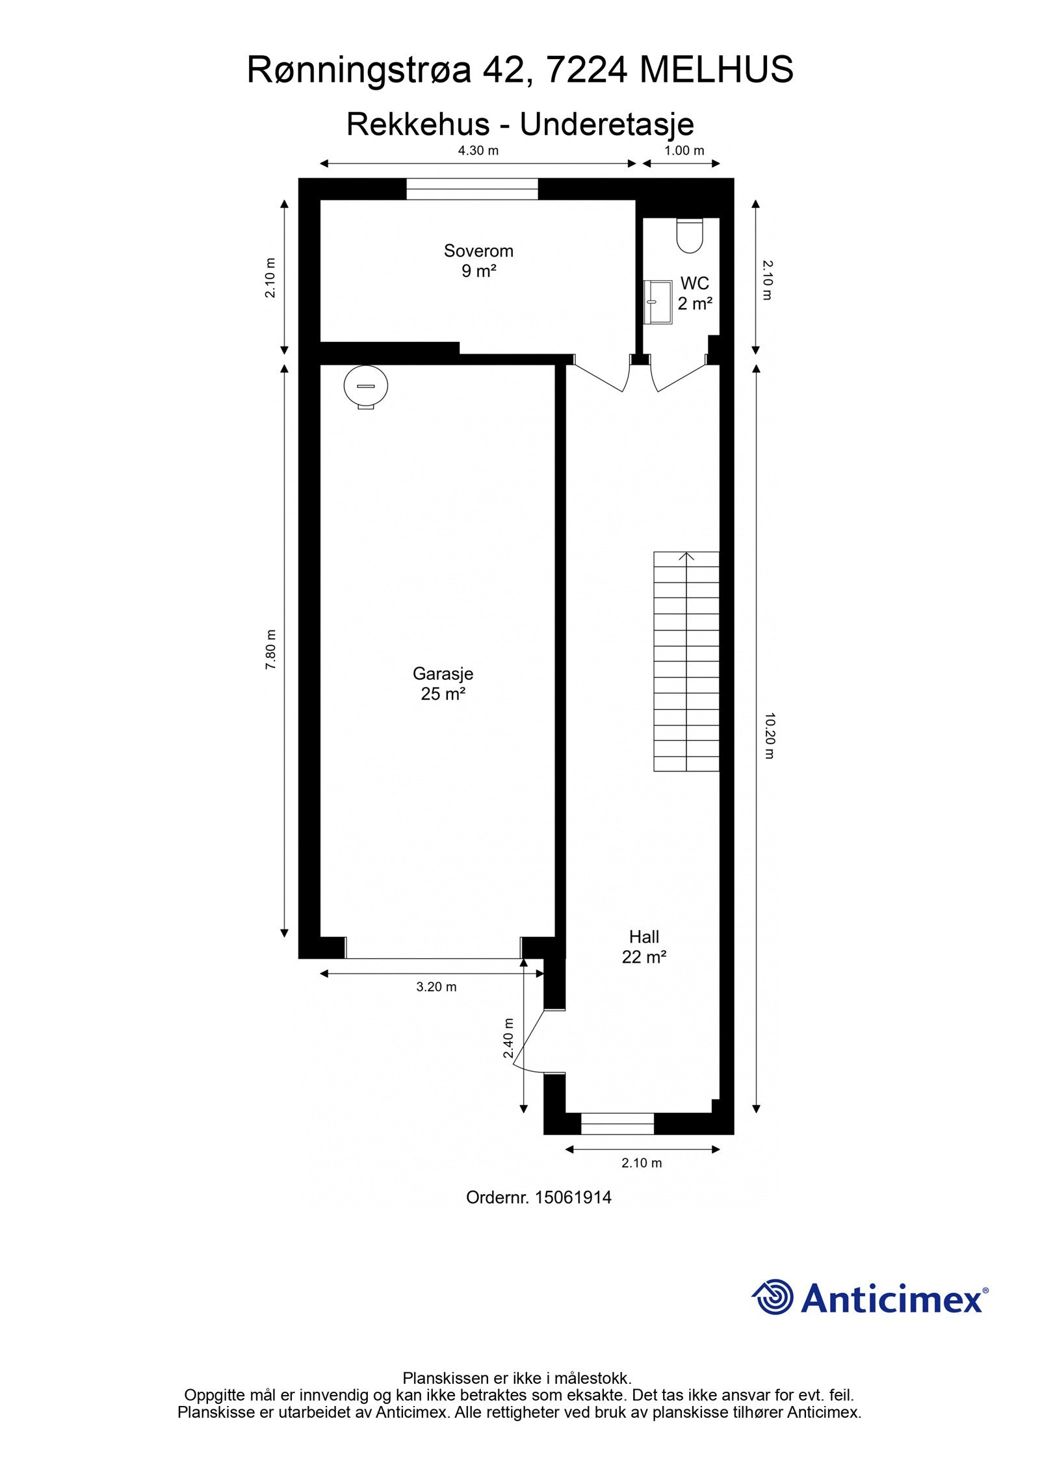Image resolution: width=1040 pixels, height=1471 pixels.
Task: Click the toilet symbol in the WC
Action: point(689,235)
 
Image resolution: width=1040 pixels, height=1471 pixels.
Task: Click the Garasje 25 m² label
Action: point(443,683)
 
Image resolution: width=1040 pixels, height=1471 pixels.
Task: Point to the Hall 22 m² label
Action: point(643,946)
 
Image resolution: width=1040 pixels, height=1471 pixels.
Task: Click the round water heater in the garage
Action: point(366,387)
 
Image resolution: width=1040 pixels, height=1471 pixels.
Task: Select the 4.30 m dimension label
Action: point(478,151)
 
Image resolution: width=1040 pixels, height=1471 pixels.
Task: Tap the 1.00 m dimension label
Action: point(684,151)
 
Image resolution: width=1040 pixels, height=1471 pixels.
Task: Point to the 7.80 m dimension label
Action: point(271,649)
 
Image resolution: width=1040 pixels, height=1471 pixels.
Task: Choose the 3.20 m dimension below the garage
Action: point(436,987)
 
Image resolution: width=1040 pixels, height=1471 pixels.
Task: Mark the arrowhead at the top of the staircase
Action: point(686,556)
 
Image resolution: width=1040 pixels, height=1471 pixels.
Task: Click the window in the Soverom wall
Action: point(473,189)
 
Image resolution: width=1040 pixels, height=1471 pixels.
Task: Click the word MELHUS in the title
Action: point(716,70)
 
